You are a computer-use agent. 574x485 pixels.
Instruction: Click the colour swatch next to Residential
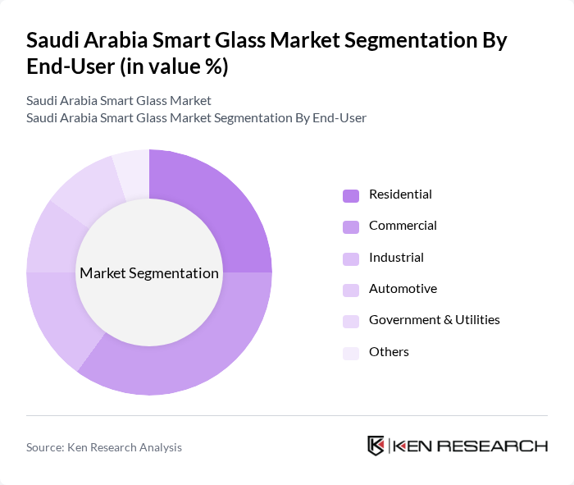coord(351,195)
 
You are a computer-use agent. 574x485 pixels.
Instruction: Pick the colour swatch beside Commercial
coord(351,226)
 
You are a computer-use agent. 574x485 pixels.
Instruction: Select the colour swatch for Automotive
coord(351,290)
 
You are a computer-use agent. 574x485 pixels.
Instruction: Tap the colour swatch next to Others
coord(351,353)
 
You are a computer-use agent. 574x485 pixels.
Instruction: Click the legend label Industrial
coord(396,258)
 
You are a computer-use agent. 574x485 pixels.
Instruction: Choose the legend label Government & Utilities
coord(434,320)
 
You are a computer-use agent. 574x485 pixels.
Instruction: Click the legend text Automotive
coord(403,289)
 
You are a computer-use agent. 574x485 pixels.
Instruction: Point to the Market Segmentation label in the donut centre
coord(148,273)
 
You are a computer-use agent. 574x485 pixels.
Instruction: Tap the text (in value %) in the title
coord(174,67)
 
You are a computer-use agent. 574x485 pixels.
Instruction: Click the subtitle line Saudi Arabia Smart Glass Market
coord(119,100)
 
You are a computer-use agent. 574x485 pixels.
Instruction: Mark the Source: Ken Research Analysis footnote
coord(104,447)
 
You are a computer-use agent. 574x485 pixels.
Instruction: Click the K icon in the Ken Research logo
coord(376,446)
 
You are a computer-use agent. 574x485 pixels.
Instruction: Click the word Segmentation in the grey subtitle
coord(252,117)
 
